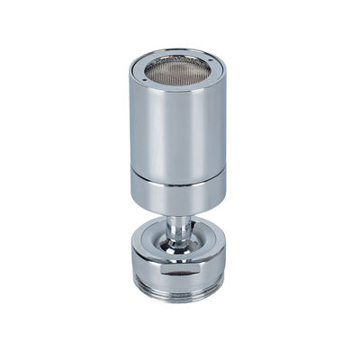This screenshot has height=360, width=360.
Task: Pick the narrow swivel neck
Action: (179, 225)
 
